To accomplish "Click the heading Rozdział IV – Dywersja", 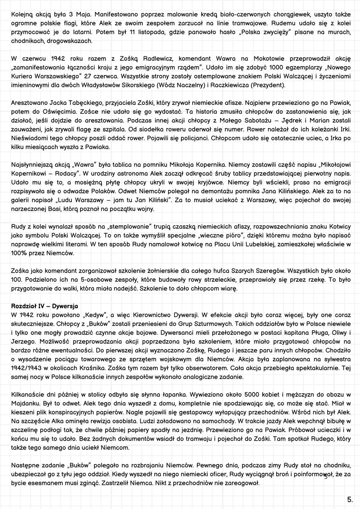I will (44, 306).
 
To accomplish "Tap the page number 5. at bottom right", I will (350, 499).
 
